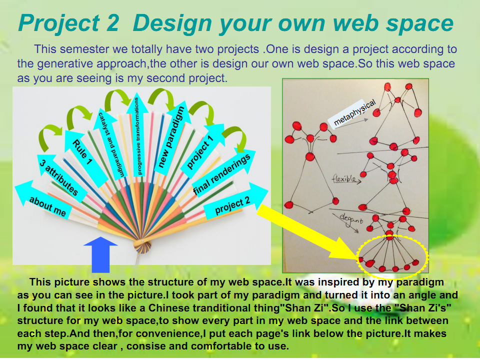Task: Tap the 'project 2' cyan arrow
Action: (234, 202)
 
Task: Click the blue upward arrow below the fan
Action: (100, 254)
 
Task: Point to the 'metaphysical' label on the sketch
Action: (353, 113)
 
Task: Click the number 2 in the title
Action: (112, 23)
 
